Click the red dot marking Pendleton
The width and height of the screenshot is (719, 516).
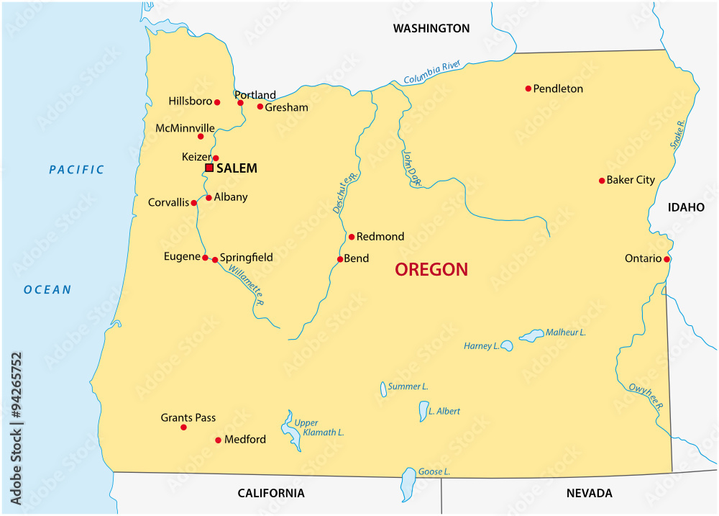528,89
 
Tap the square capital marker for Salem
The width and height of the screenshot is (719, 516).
209,168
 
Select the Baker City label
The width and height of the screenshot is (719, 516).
631,180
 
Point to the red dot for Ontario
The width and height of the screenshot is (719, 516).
667,259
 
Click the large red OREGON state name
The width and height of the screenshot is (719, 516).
431,270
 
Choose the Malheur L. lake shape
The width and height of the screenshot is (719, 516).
532,335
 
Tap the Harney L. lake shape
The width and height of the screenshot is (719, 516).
507,346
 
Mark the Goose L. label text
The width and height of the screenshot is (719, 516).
434,471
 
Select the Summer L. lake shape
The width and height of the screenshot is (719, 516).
383,389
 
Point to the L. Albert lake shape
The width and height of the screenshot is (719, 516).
423,412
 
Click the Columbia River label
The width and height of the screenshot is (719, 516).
431,73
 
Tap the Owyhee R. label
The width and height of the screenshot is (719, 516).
646,396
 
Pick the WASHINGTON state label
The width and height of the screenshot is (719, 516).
431,29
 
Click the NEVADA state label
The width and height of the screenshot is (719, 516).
589,493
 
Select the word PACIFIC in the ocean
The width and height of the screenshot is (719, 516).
77,170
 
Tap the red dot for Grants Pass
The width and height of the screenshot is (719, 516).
183,427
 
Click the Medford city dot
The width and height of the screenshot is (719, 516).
218,440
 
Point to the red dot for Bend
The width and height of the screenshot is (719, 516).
340,259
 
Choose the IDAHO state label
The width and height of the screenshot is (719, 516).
686,207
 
